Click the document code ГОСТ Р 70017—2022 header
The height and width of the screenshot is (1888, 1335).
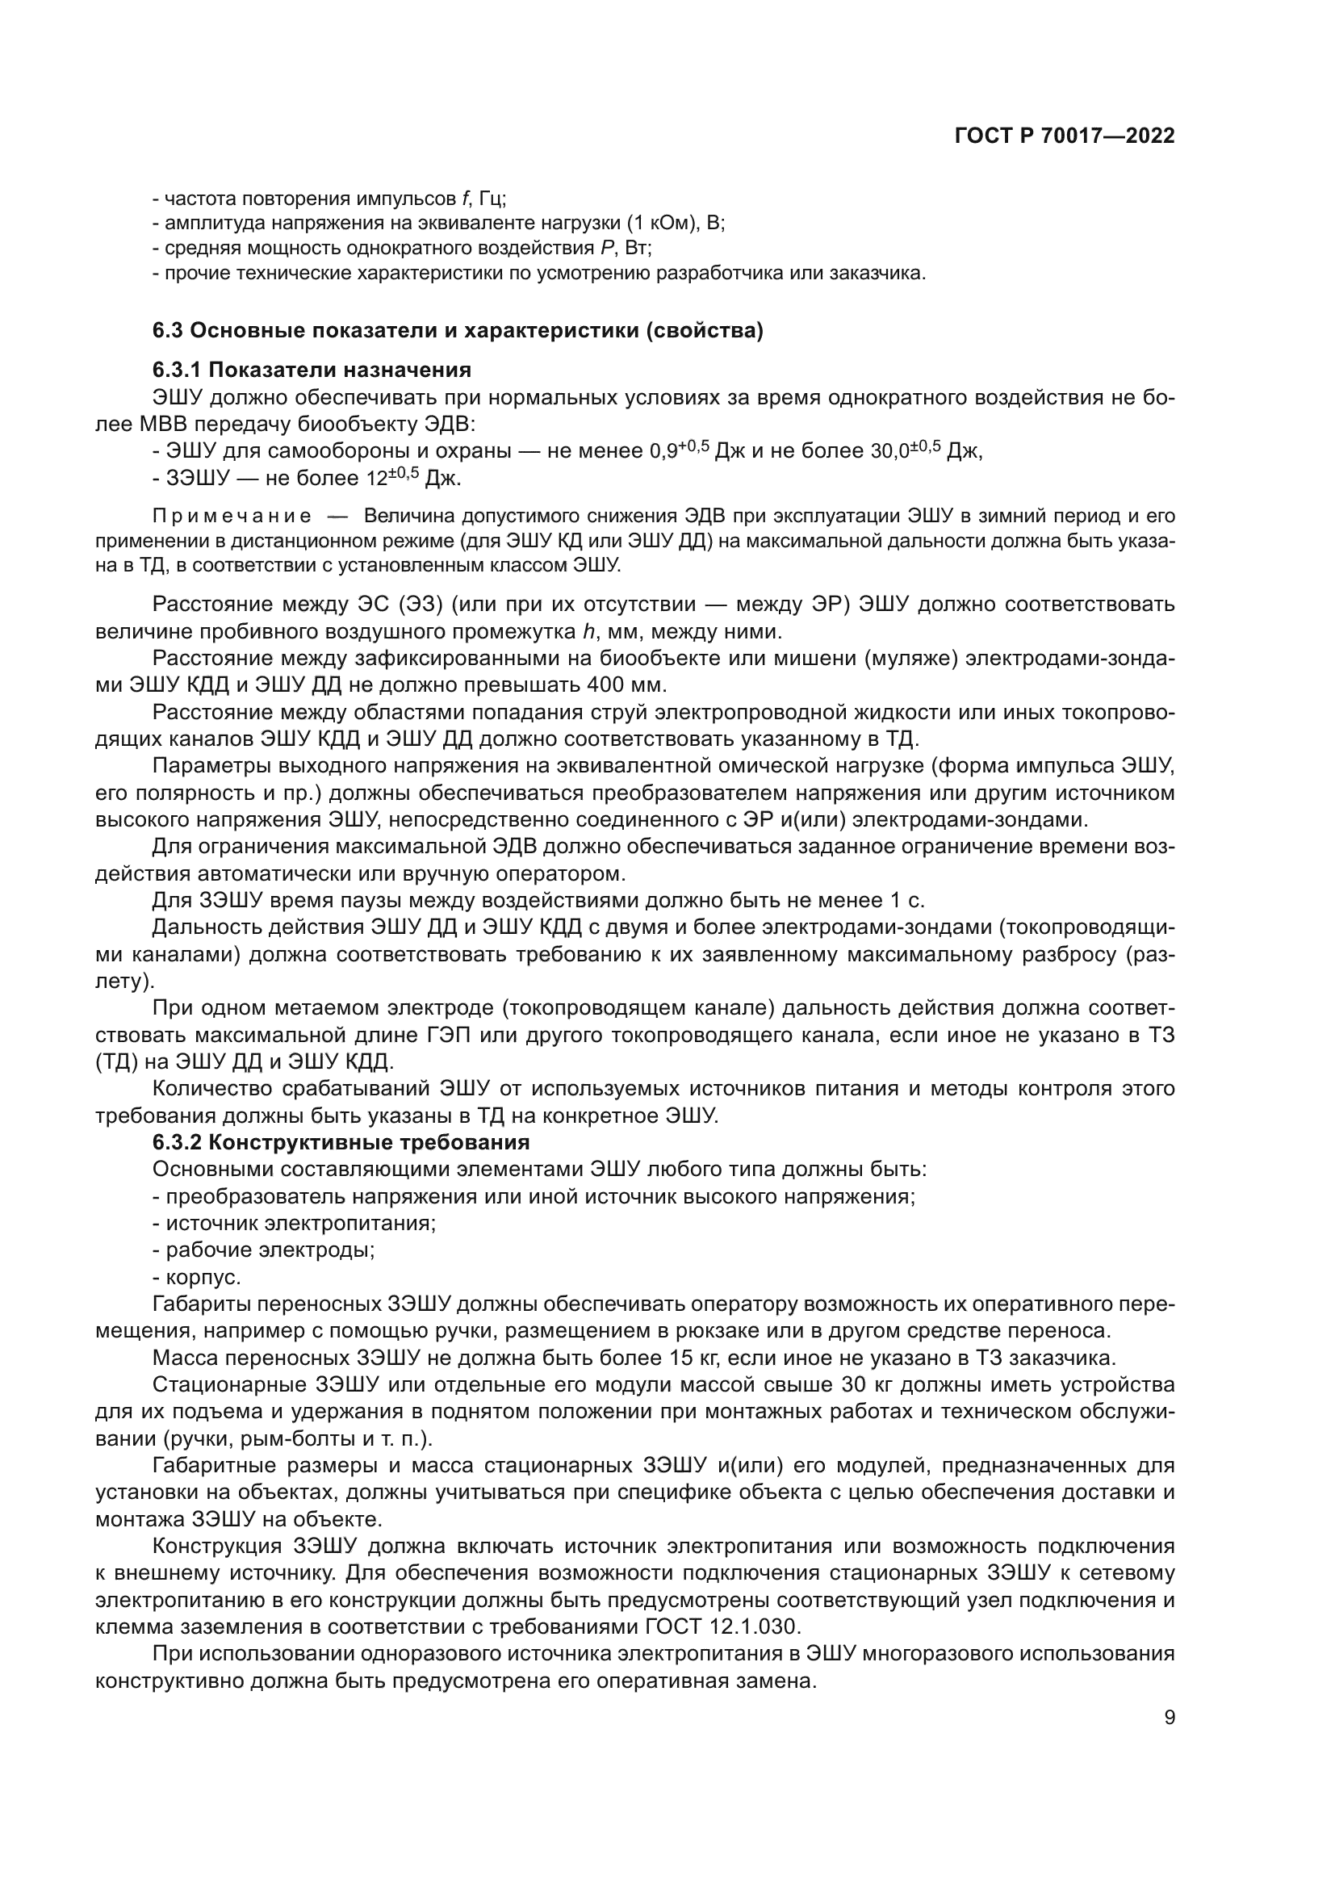[1064, 136]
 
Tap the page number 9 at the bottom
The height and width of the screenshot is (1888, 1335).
[1170, 1718]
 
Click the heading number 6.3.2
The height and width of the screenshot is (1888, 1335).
[178, 1142]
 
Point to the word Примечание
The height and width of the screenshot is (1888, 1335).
[232, 517]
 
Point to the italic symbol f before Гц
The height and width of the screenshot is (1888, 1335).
[465, 199]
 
